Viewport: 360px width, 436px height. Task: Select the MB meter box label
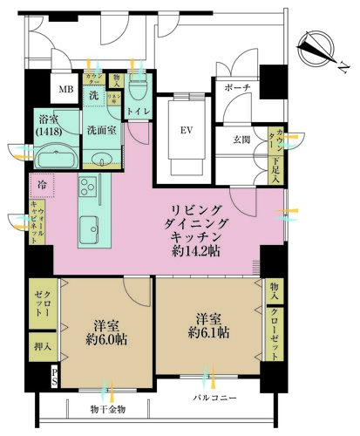click(65, 89)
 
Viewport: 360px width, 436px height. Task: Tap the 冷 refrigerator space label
click(43, 185)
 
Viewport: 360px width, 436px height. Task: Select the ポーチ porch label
click(237, 89)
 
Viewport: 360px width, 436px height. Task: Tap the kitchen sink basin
click(92, 229)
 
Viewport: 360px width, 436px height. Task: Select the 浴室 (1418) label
click(50, 126)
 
